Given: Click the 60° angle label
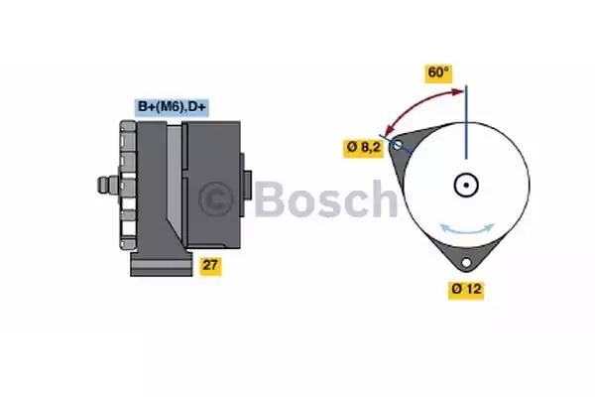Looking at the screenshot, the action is [x=438, y=73].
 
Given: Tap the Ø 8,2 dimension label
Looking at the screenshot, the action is [x=363, y=148].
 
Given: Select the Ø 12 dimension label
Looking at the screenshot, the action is [x=466, y=290].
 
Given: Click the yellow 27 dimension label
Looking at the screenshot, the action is [x=210, y=266].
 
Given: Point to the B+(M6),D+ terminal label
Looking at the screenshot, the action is [x=172, y=107].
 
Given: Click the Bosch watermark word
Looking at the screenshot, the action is [x=326, y=199].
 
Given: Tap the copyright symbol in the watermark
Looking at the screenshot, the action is [x=215, y=198].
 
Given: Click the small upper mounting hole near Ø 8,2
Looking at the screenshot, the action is [x=398, y=145].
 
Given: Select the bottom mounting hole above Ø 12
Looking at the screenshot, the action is [x=466, y=262].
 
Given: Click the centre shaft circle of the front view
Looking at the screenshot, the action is [x=466, y=185].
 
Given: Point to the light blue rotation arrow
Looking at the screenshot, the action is [x=467, y=228].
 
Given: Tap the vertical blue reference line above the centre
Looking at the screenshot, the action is [x=466, y=122].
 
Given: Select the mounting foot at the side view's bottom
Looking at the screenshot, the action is [x=162, y=263].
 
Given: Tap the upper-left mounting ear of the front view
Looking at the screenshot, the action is [x=412, y=143].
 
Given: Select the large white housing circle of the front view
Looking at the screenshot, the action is [x=466, y=185].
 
